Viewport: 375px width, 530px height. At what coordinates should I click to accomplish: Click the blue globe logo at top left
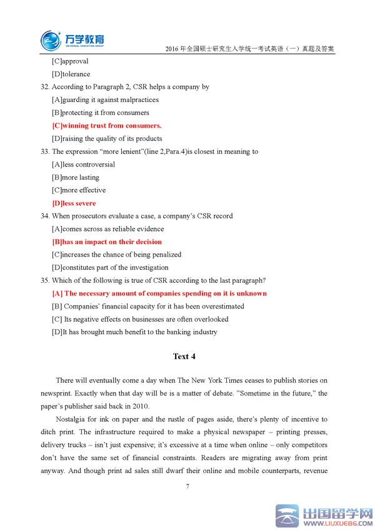51,41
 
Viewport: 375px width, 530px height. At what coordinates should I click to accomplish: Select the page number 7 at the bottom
187,486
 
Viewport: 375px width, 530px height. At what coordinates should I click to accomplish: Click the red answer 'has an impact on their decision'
107,242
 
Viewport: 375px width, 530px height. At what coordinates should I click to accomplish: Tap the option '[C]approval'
70,61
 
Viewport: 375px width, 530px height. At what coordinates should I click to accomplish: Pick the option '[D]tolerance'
71,74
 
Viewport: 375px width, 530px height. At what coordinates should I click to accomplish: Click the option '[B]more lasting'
76,178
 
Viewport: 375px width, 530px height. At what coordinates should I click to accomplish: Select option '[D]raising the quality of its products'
107,139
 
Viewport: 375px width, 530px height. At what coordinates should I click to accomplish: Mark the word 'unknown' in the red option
251,293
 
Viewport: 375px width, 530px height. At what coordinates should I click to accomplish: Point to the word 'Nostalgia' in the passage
71,419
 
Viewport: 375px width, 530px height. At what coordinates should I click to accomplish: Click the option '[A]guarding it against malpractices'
105,100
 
